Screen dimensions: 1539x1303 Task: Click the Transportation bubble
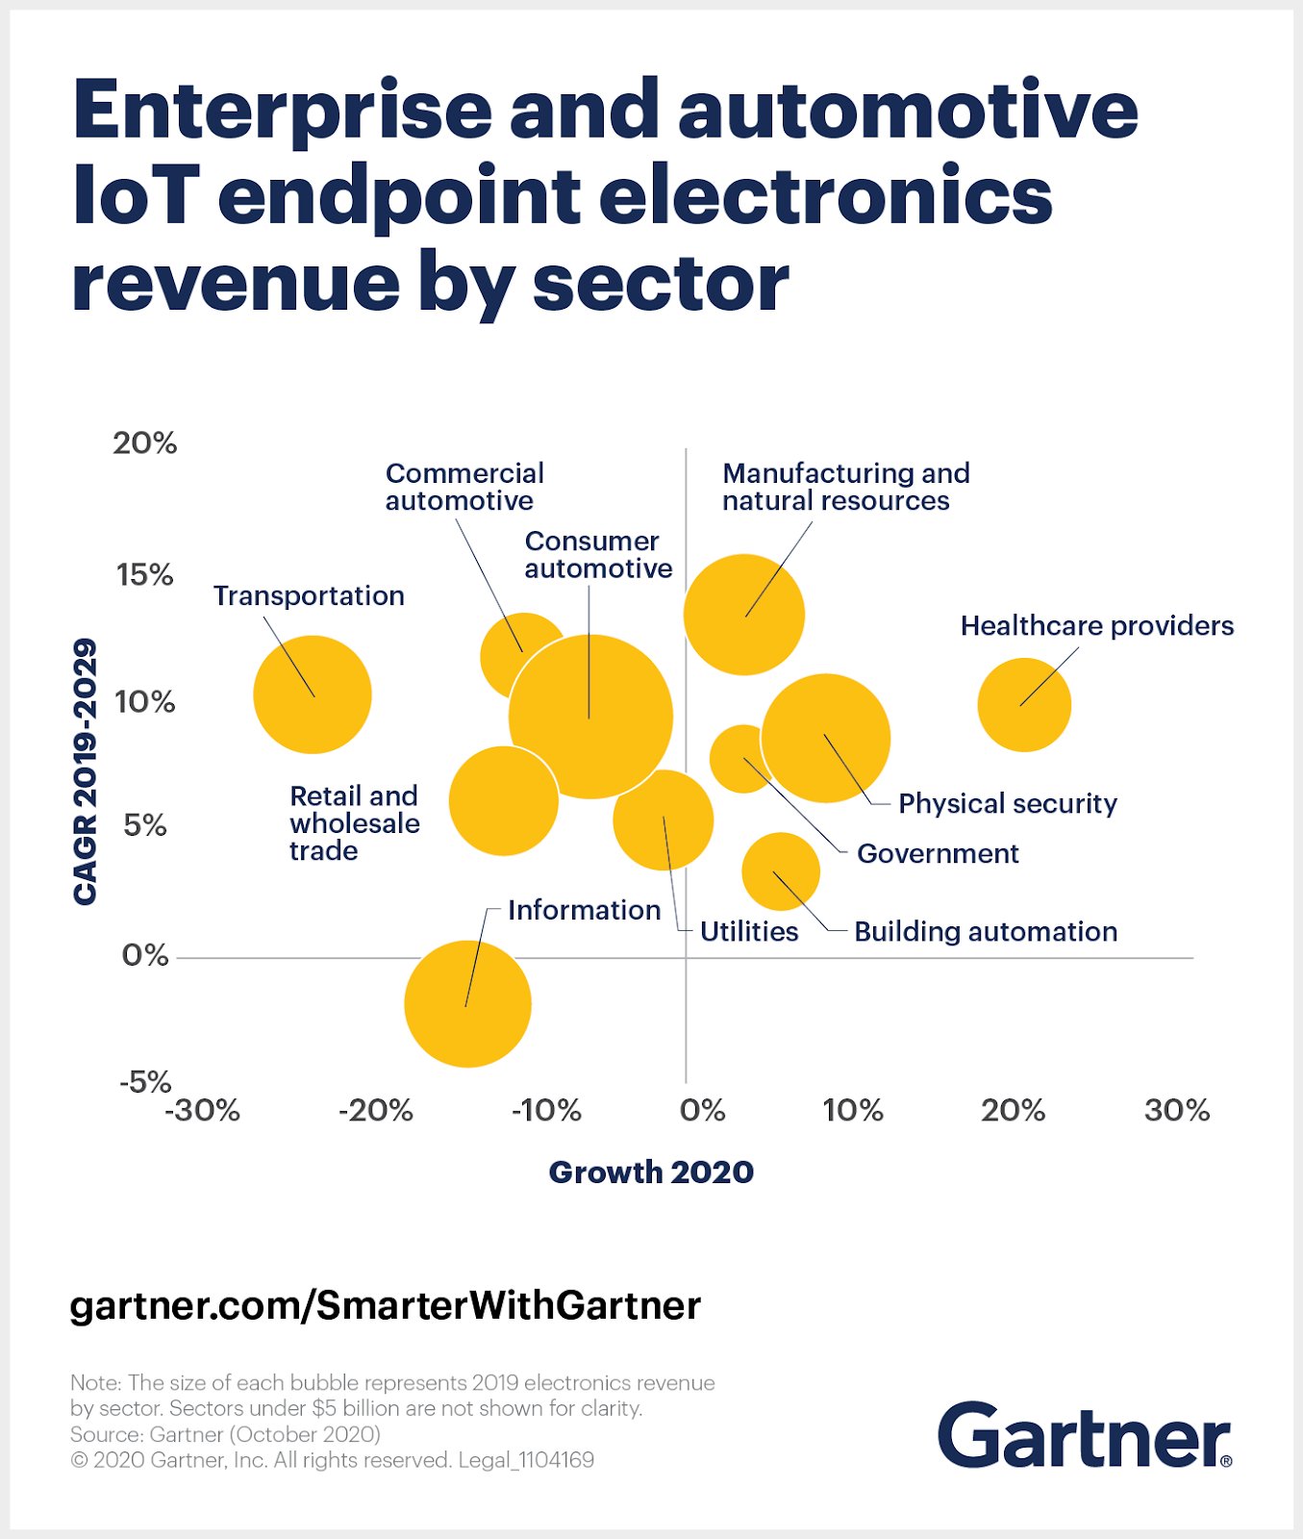tap(313, 694)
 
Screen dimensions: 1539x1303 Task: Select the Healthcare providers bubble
tap(1024, 705)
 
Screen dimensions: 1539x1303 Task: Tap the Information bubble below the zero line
tap(467, 1004)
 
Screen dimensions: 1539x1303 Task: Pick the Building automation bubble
tap(781, 871)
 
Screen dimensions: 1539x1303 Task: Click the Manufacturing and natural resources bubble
tap(743, 615)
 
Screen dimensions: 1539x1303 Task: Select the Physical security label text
tap(1007, 804)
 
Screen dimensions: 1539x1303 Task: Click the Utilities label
tap(749, 932)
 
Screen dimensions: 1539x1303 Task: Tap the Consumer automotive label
tap(597, 555)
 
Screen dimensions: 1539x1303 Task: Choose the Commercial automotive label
tap(464, 487)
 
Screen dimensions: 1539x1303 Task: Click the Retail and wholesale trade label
tap(354, 823)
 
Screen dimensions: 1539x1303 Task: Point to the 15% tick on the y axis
tap(144, 575)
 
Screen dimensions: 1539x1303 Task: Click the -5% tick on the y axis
tap(145, 1082)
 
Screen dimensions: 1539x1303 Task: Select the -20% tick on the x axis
tap(375, 1111)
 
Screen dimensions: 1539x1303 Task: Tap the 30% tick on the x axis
tap(1176, 1111)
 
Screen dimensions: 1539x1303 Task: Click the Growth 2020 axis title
tap(651, 1173)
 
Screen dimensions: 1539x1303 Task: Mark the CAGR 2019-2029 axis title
tap(86, 770)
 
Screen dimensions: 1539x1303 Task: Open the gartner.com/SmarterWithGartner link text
tap(386, 1306)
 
